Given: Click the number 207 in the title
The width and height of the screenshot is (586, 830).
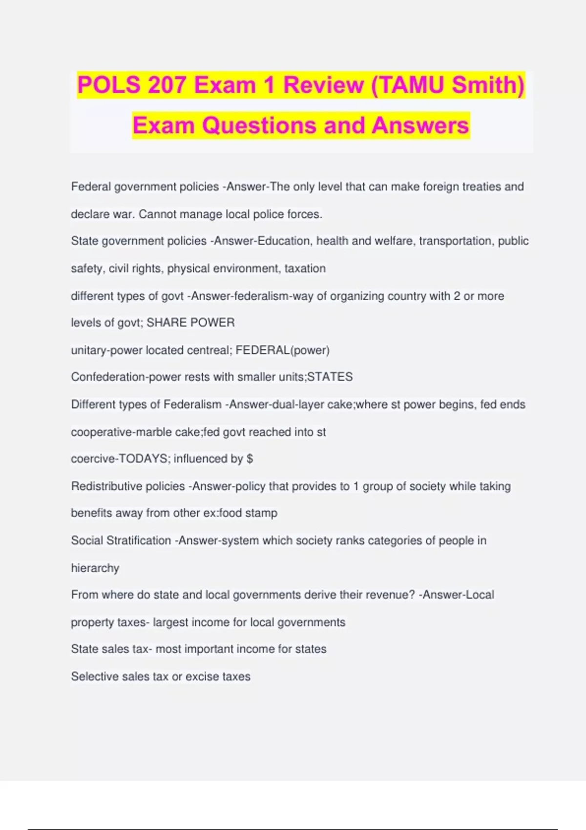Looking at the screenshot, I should click(167, 85).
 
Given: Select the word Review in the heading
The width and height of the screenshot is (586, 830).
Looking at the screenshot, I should click(324, 85).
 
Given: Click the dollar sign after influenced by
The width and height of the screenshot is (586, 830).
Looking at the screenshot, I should click(250, 459).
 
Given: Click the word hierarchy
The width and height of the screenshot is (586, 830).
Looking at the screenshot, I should click(95, 568).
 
